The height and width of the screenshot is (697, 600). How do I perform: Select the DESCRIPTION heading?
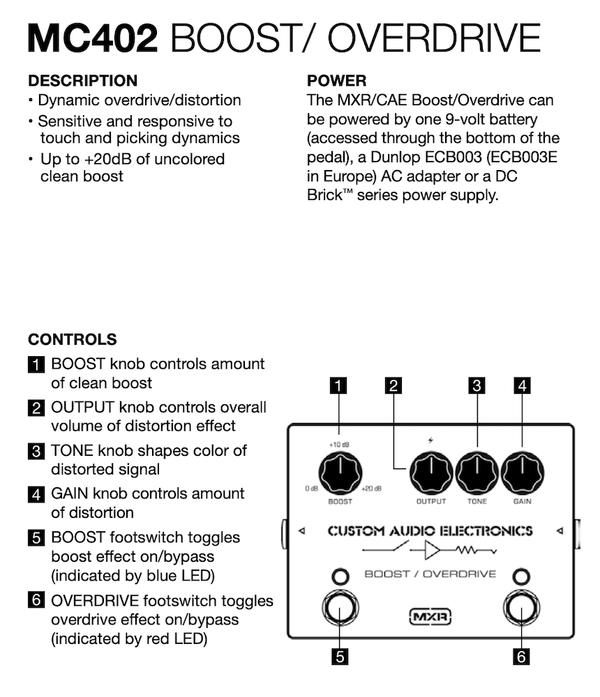(x=82, y=81)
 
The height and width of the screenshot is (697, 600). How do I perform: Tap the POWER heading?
(x=336, y=81)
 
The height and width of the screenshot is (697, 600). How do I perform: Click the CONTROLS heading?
(x=72, y=340)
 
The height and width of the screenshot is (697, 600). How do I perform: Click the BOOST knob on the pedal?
(x=340, y=473)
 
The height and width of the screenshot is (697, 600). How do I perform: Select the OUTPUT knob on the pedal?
(x=430, y=473)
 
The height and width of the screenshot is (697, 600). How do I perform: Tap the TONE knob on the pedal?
(x=477, y=473)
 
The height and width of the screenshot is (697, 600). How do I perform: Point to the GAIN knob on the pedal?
(x=523, y=473)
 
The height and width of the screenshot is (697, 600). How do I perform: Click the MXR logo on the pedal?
(x=430, y=616)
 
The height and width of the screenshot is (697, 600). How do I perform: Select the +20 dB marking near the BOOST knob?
(x=371, y=489)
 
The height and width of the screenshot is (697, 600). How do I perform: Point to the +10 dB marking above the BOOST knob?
(x=340, y=443)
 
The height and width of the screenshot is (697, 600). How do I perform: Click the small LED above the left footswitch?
(x=340, y=577)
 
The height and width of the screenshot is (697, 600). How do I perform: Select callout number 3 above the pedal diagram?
(x=477, y=385)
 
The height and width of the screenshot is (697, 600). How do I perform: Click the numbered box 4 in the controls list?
(x=36, y=495)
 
